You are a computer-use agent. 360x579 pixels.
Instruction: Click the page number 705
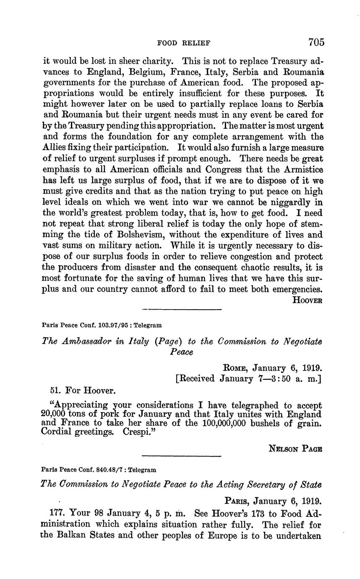click(316, 42)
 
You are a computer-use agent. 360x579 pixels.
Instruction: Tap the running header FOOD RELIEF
click(183, 43)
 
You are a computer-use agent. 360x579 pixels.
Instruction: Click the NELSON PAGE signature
click(295, 448)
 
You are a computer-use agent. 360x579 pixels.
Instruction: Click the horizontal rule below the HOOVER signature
click(182, 310)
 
